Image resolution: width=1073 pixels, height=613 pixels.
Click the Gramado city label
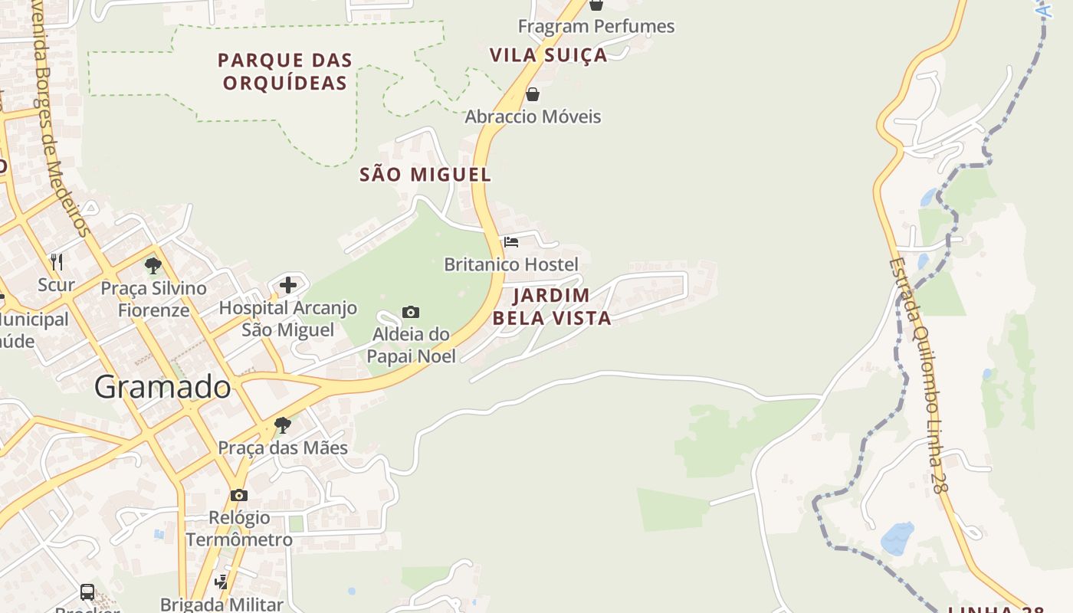tap(162, 387)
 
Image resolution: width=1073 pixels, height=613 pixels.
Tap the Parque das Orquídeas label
tap(285, 71)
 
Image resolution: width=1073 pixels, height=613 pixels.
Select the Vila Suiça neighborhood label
tap(548, 55)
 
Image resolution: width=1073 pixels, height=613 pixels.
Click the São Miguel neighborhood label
tap(425, 175)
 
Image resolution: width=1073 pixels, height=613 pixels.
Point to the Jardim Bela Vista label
tap(552, 306)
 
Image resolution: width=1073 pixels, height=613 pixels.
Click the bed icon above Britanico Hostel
tap(511, 242)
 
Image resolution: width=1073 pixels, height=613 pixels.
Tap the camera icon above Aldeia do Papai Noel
tap(411, 312)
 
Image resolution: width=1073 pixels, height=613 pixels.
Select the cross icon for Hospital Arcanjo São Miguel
tap(288, 285)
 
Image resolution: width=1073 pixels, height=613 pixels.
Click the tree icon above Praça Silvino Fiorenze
tap(153, 266)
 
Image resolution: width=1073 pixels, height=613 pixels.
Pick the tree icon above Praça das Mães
tap(283, 425)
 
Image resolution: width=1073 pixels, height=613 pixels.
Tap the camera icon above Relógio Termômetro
tap(239, 495)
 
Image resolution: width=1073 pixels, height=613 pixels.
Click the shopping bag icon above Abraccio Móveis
tap(533, 94)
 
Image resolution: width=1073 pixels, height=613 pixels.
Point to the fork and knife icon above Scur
tap(57, 262)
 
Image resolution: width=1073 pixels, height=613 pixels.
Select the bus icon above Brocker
tap(87, 592)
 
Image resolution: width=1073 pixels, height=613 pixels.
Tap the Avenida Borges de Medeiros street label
tap(60, 115)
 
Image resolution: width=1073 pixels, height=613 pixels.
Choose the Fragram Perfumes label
tap(596, 27)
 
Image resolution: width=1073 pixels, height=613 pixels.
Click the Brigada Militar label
tap(221, 604)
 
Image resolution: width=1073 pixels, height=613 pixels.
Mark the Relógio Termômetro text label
tap(239, 529)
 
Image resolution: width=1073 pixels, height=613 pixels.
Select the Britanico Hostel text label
tap(511, 265)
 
